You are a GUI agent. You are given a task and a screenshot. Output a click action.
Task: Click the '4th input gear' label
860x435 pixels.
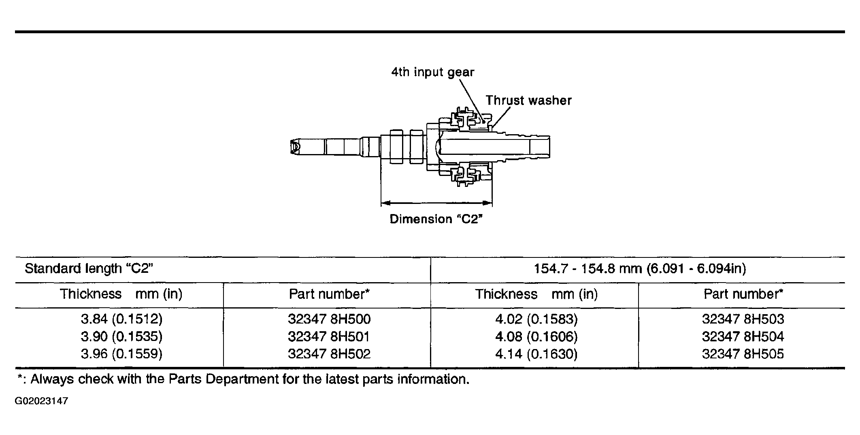[x=432, y=72]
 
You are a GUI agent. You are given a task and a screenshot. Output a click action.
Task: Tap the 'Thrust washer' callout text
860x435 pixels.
[x=528, y=100]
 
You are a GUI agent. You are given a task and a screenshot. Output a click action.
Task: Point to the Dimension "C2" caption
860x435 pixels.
[x=437, y=219]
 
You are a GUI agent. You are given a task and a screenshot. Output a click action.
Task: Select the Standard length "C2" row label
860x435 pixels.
[x=89, y=268]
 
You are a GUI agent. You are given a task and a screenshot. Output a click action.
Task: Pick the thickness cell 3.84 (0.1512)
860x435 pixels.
[x=121, y=319]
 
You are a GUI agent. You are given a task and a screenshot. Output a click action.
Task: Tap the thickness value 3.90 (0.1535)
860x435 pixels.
[x=121, y=336]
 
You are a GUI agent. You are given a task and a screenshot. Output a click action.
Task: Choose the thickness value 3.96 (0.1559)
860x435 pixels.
[x=121, y=354]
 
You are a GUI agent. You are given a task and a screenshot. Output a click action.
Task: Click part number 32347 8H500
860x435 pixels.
[x=329, y=319]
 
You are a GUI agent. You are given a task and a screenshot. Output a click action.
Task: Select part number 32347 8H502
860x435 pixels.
[x=329, y=354]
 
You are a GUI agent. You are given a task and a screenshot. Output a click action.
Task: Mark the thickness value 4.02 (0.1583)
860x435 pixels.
[x=536, y=319]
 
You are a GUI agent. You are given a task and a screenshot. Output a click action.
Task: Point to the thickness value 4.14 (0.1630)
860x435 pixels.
[x=536, y=354]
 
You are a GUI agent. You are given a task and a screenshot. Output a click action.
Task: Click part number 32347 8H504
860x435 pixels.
[x=743, y=336]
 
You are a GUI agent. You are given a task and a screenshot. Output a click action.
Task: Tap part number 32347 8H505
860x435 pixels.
[x=743, y=354]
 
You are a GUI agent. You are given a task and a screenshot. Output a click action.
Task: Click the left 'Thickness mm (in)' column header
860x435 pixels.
[x=121, y=294]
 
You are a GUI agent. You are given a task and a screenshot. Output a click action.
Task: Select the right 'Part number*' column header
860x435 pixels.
[x=743, y=294]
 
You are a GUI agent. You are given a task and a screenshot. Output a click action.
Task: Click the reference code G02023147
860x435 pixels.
[x=41, y=401]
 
